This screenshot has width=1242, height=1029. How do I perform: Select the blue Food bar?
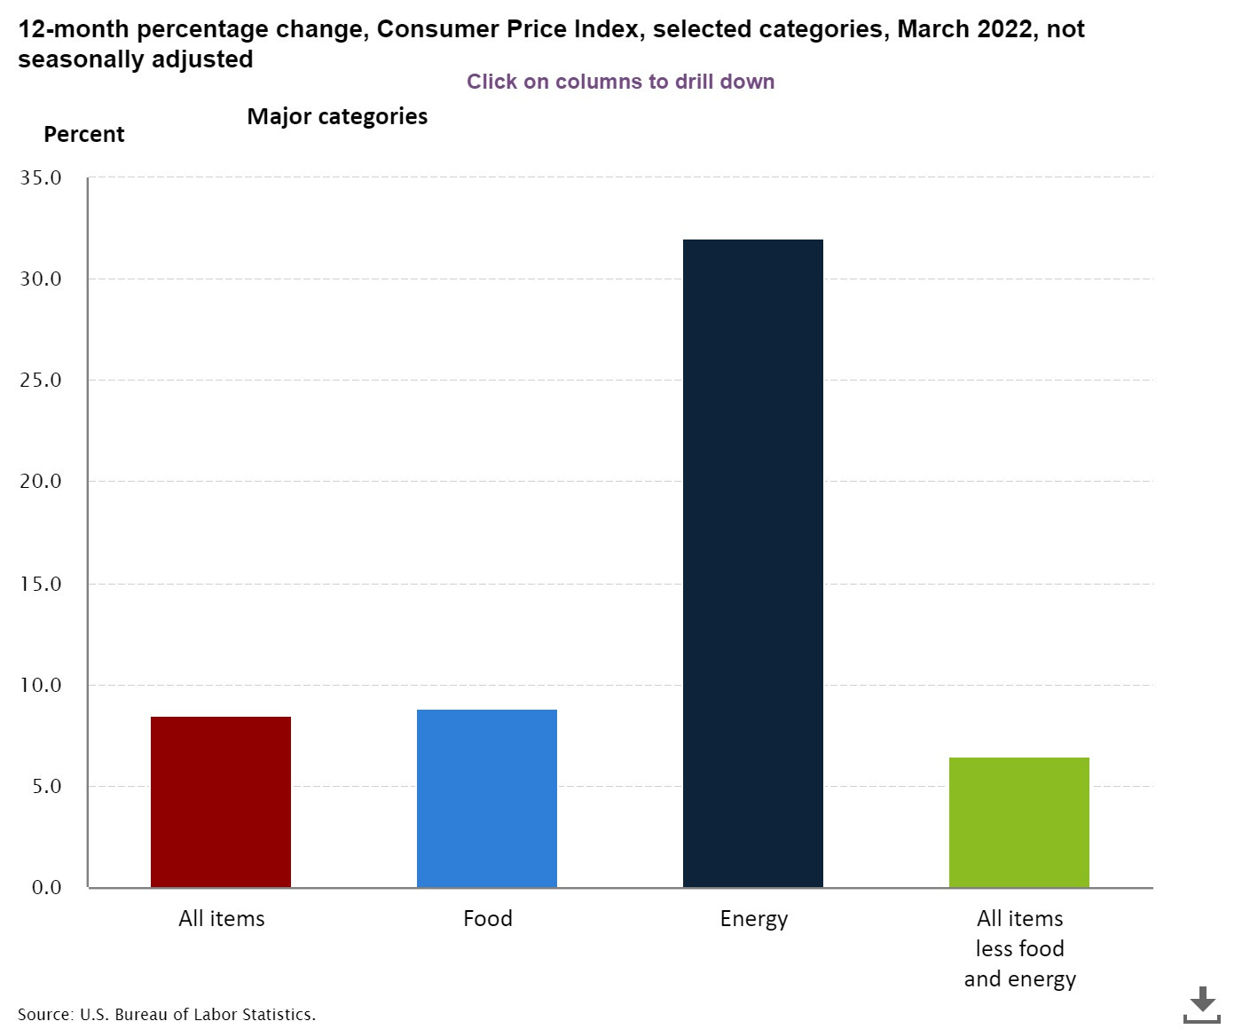(487, 797)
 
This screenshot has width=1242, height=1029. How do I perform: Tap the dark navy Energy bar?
(753, 563)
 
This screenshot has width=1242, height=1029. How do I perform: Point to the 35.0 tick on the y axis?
(41, 178)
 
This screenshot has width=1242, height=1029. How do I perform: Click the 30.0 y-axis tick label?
(41, 279)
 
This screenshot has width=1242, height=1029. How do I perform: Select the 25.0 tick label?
(41, 381)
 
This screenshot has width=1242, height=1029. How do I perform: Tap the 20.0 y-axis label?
(41, 482)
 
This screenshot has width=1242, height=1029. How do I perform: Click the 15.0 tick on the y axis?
(41, 585)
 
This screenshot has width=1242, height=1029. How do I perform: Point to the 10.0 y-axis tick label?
(41, 686)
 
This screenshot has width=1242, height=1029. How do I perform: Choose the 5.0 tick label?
(46, 787)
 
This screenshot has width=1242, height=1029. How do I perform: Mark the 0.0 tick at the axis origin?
(46, 888)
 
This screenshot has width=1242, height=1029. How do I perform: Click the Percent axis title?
(84, 135)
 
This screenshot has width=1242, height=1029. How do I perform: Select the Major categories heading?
(337, 117)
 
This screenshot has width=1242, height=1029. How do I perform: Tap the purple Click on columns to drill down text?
(620, 82)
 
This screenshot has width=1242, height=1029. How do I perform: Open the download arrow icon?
(1202, 1004)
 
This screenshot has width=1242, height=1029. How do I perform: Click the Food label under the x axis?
(487, 919)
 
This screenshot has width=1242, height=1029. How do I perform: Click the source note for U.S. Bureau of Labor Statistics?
(167, 1014)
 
